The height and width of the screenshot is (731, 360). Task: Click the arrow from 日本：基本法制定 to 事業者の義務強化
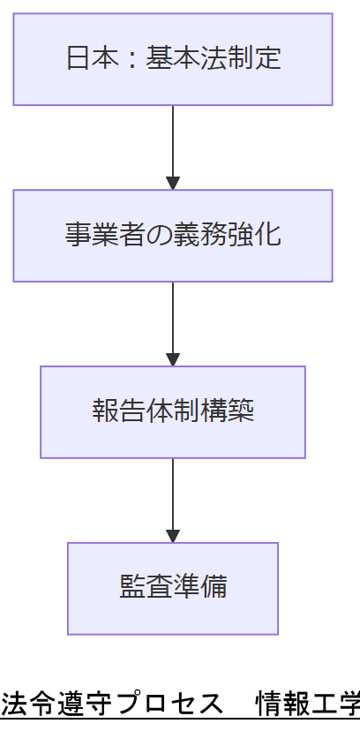[173, 147]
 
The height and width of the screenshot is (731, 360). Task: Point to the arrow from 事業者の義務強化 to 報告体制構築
[173, 323]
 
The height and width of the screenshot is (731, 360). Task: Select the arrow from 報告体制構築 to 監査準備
[173, 500]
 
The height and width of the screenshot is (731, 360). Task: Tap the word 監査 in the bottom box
[146, 589]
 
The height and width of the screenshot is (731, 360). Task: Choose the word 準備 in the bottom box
[200, 589]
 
